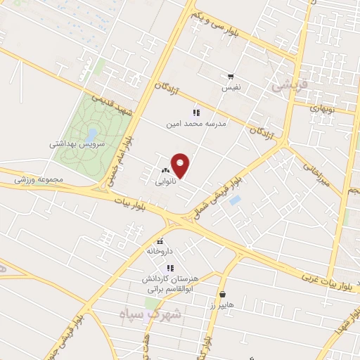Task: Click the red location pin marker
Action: click(x=181, y=165)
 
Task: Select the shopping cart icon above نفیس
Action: click(x=231, y=77)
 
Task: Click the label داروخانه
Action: click(x=159, y=250)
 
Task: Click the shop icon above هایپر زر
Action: click(x=222, y=295)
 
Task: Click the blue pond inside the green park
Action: click(x=93, y=132)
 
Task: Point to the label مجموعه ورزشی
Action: click(x=39, y=179)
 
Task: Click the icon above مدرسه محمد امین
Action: click(x=196, y=112)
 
